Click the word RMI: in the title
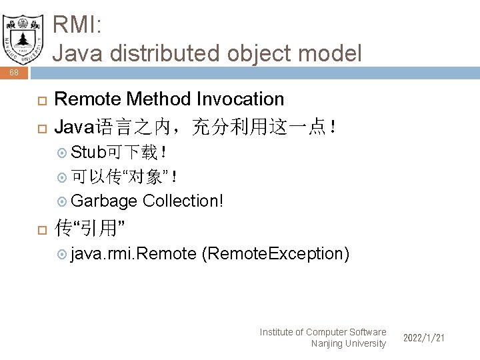pyautogui.click(x=77, y=26)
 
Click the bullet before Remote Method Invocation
pyautogui.click(x=39, y=100)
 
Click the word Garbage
pyautogui.click(x=104, y=201)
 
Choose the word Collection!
pyautogui.click(x=183, y=201)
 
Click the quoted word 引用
pyautogui.click(x=97, y=229)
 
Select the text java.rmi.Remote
pyautogui.click(x=133, y=254)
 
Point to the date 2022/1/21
pyautogui.click(x=424, y=339)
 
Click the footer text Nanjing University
pyautogui.click(x=349, y=343)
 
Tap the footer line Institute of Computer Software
pyautogui.click(x=323, y=332)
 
